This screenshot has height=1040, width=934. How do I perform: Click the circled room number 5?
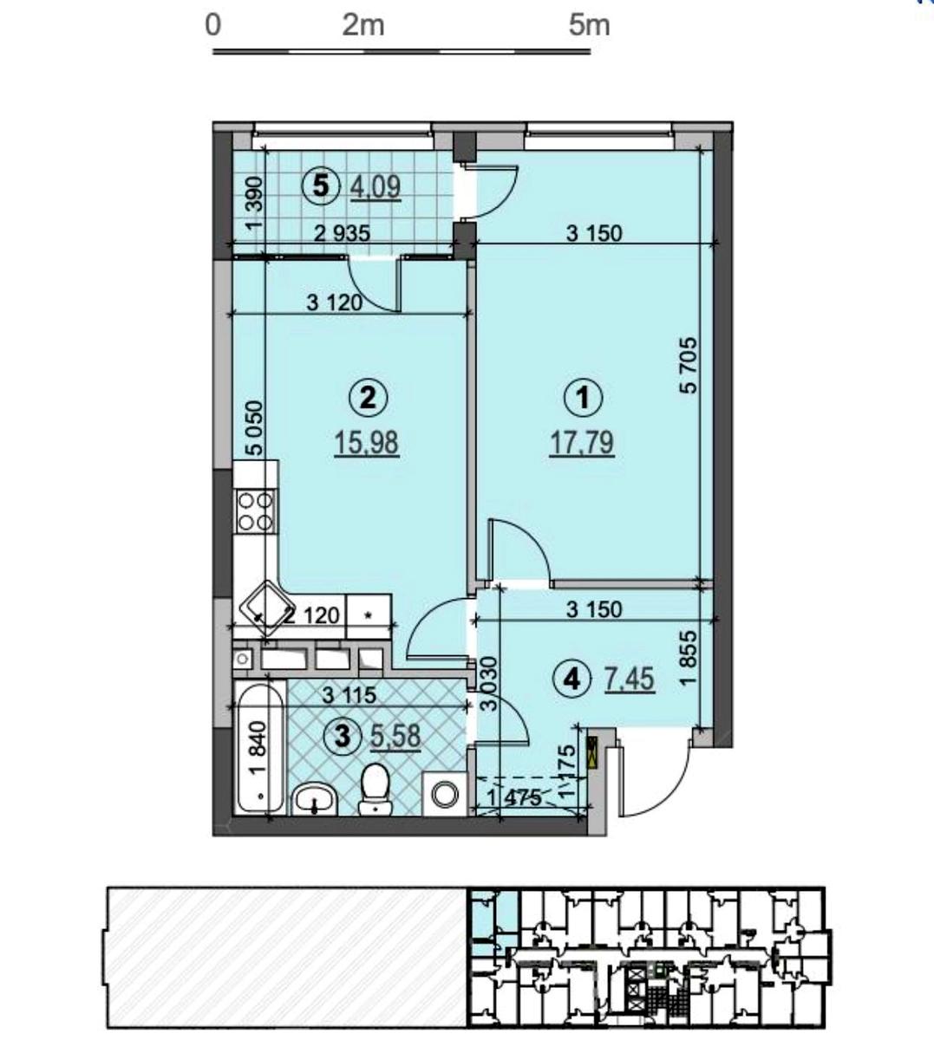coord(321,186)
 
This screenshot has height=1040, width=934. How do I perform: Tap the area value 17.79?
coord(582,443)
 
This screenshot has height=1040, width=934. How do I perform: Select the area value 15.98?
coord(366,443)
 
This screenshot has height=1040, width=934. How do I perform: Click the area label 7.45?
coord(630,680)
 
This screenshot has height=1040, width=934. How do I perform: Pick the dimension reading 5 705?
coord(689,366)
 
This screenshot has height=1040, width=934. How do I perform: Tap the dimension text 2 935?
coord(343,234)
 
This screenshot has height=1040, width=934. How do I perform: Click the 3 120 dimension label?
coord(335,302)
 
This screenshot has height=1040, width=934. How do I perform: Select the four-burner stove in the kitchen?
coord(255,512)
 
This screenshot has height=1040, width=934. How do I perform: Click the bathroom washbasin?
coord(315,799)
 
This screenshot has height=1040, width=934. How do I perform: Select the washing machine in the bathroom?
coord(444,794)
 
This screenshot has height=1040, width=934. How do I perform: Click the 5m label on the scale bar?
coord(590,26)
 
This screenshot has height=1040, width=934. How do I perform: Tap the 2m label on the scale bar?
coord(363,26)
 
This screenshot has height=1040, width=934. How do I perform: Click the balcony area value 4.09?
coord(376,186)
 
